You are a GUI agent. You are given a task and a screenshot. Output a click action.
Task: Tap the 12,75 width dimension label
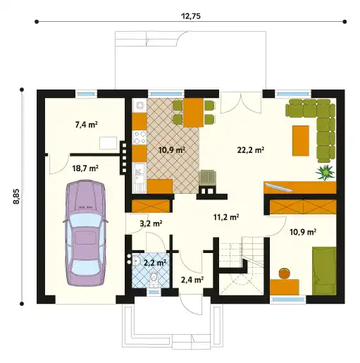[x=191, y=16]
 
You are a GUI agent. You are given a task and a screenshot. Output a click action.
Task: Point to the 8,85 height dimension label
[x=16, y=197]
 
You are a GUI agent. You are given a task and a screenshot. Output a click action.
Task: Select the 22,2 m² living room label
[x=250, y=150]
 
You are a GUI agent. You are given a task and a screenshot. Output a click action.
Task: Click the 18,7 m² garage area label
[x=85, y=168]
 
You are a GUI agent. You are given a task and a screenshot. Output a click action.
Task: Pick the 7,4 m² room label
[x=87, y=125]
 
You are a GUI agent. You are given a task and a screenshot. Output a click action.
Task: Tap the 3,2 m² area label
[x=151, y=223]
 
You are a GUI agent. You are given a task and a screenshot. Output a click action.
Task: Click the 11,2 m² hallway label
[x=226, y=217]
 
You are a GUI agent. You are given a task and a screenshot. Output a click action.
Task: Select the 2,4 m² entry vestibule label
[x=192, y=280]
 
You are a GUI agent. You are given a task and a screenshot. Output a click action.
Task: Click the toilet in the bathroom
[x=154, y=280]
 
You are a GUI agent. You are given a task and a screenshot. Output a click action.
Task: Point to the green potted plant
[x=325, y=173]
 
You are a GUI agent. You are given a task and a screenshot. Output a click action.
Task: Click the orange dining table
[x=193, y=113]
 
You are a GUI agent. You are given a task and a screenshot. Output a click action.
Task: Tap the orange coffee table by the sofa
[x=301, y=140]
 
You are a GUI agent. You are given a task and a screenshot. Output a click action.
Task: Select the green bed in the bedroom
[x=324, y=271]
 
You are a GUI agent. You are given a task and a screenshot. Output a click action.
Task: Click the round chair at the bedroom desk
[x=284, y=273]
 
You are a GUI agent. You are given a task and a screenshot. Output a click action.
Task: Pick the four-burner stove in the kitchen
[x=139, y=137]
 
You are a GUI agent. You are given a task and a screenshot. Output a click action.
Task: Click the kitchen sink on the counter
[x=139, y=178]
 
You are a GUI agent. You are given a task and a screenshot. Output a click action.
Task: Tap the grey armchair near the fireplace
[x=208, y=178]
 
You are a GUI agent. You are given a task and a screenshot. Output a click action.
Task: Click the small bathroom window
[x=154, y=292]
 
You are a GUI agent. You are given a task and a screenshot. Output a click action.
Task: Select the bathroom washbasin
[x=136, y=260]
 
